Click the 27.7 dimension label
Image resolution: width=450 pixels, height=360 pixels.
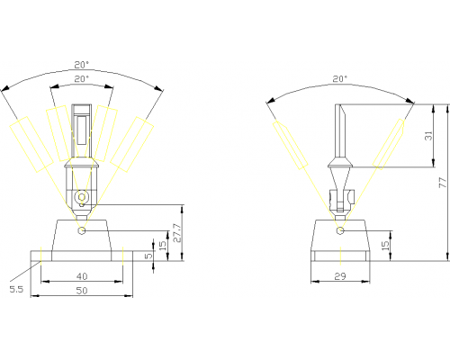pos(177,233)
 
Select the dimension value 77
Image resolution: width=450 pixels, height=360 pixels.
pos(443,183)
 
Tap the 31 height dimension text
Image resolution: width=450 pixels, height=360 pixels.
pos(429,136)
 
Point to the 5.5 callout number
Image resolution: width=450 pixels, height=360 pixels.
pos(16,289)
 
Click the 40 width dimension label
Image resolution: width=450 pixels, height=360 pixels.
pos(82,276)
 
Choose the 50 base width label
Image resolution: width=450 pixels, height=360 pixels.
pos(82,291)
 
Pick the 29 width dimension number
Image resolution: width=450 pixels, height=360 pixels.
pos(340,276)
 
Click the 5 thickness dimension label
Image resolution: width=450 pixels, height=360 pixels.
pos(148,256)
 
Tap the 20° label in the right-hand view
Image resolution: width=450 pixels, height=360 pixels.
pos(340,79)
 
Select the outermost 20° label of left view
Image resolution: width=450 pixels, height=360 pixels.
pos(82,65)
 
